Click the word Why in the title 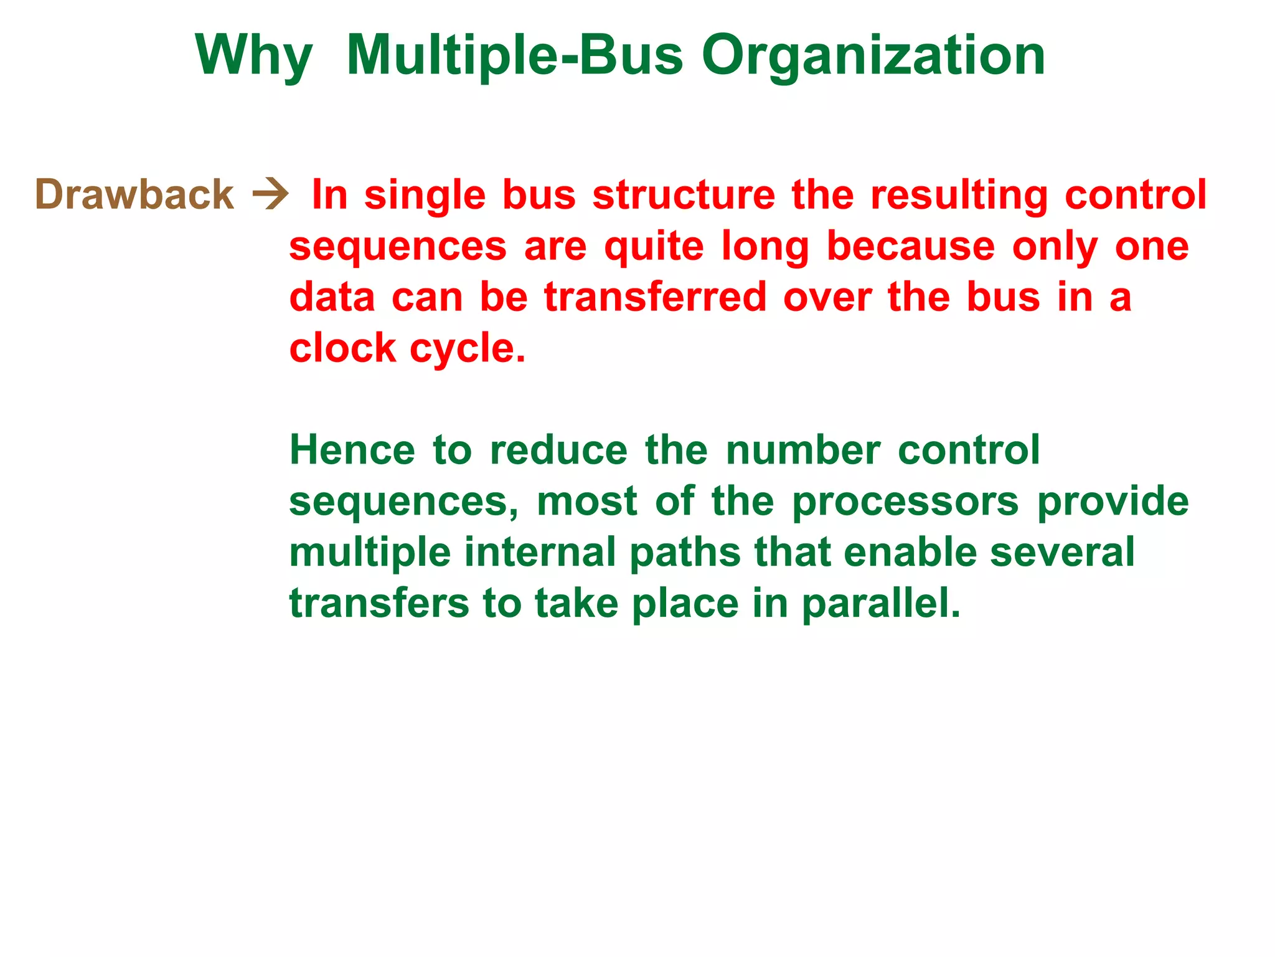[253, 56]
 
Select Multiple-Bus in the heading [514, 56]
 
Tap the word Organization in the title [873, 56]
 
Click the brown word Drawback [134, 194]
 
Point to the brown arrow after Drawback [270, 195]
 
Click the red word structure [684, 195]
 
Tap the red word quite [654, 246]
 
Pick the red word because [910, 246]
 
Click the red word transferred [655, 297]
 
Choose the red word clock [342, 348]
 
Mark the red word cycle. [467, 349]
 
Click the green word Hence [352, 450]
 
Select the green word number [803, 450]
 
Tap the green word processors [905, 502]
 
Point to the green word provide [1113, 501]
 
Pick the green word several [1062, 552]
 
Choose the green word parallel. [880, 604]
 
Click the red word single [425, 195]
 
